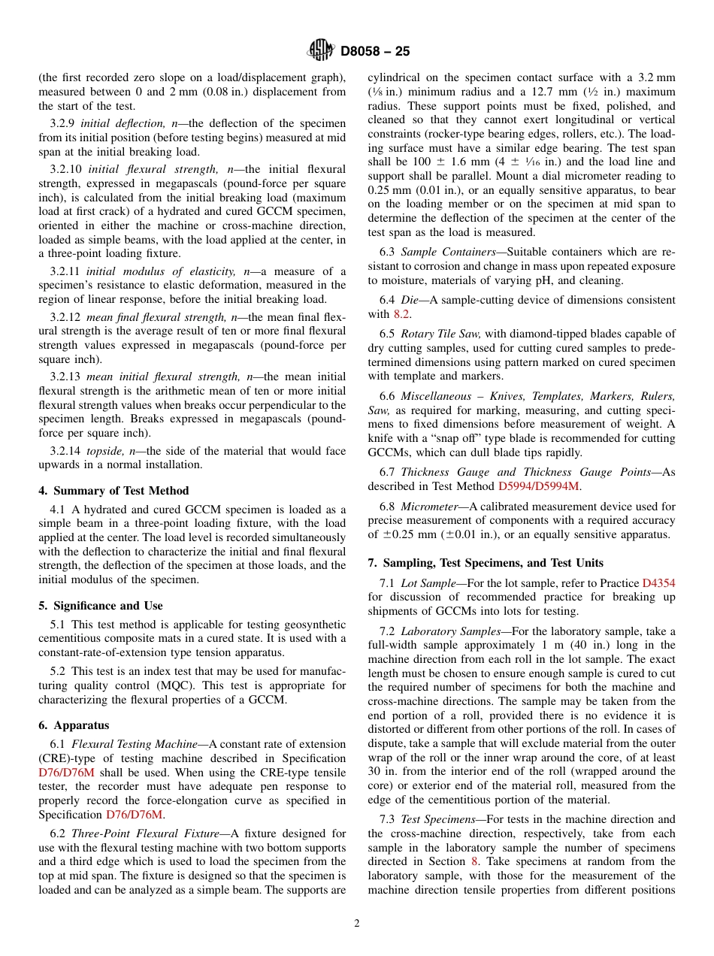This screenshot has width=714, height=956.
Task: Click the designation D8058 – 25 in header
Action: [x=374, y=52]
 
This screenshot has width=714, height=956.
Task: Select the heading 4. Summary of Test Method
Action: [x=113, y=491]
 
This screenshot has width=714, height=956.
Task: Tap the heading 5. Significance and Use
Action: [x=101, y=606]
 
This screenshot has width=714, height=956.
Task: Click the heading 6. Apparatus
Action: [x=74, y=725]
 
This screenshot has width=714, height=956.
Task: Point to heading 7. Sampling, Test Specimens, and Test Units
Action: [x=486, y=563]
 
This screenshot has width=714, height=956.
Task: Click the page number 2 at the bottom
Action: [x=357, y=923]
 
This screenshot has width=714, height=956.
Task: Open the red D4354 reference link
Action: [x=658, y=583]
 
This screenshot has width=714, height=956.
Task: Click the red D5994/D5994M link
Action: [x=540, y=486]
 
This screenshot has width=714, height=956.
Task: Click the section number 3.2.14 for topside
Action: [x=65, y=450]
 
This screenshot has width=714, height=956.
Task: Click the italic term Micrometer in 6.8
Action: [x=429, y=507]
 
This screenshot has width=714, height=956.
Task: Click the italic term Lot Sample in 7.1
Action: [x=428, y=583]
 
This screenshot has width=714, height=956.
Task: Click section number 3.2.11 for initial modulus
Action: [x=65, y=271]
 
